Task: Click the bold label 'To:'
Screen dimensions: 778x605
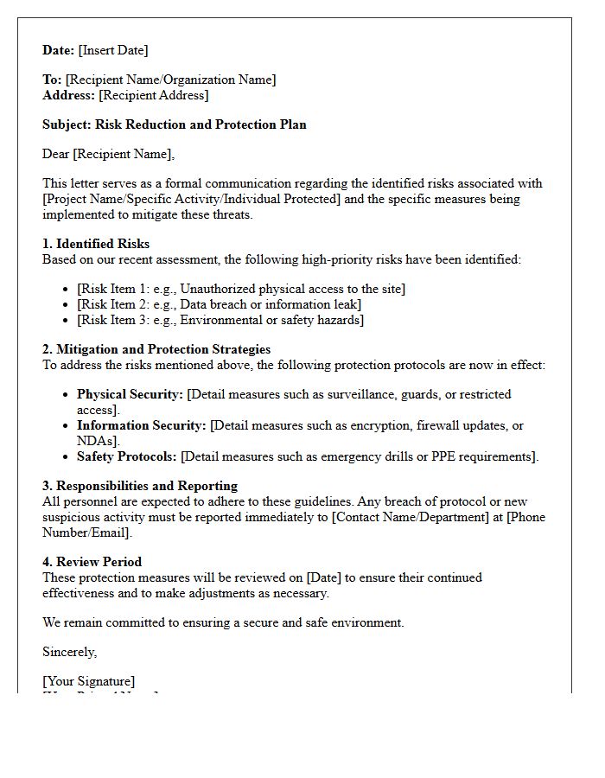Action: tap(52, 80)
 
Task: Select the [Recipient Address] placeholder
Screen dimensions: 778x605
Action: tap(153, 95)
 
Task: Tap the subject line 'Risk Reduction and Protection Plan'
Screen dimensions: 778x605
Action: tap(201, 124)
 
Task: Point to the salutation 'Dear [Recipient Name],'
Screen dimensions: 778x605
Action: tap(108, 154)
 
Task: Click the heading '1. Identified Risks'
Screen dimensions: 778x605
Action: tap(96, 244)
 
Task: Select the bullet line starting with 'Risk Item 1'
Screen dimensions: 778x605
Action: tap(241, 289)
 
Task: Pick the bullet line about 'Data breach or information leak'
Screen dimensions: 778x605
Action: tap(219, 304)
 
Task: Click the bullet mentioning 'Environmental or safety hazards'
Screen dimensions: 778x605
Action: tap(220, 320)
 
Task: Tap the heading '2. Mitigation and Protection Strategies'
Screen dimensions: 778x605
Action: tap(156, 349)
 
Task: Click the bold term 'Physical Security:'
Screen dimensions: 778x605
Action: tap(130, 394)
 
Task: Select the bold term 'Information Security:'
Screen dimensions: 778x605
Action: tap(141, 425)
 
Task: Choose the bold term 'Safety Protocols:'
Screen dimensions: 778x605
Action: tap(126, 456)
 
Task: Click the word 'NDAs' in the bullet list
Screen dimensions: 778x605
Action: tap(96, 441)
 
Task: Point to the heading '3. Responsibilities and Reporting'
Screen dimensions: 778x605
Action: tap(140, 486)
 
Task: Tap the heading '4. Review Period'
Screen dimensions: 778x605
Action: tap(92, 562)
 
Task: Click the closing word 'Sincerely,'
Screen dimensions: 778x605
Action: tap(70, 652)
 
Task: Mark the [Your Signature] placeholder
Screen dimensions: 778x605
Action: tap(88, 681)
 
